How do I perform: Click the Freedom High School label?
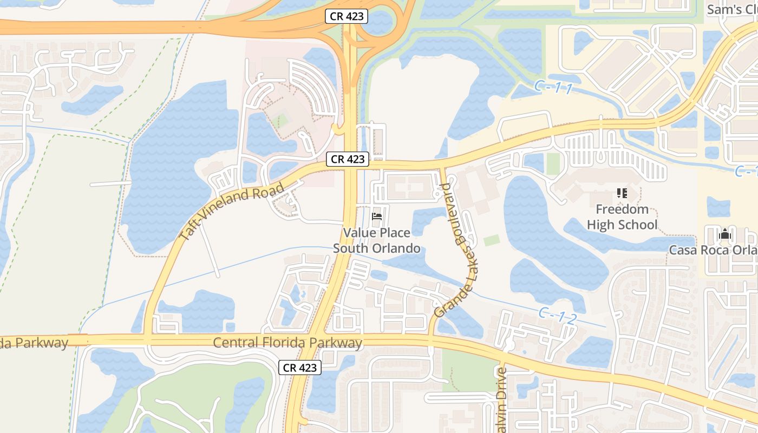click(622, 217)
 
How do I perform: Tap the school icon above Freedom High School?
click(622, 193)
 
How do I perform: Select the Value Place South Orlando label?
click(377, 240)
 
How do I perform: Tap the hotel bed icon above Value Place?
click(377, 216)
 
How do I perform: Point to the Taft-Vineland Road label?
click(232, 212)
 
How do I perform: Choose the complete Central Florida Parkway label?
click(287, 343)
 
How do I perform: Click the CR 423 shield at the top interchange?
click(347, 16)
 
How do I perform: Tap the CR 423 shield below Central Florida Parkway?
click(300, 368)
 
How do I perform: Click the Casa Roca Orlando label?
click(713, 250)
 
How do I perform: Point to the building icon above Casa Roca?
click(724, 234)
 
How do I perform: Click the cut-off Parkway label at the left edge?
click(34, 343)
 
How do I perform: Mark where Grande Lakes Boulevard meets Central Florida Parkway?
click(431, 339)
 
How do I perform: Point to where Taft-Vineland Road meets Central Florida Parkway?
click(146, 339)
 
